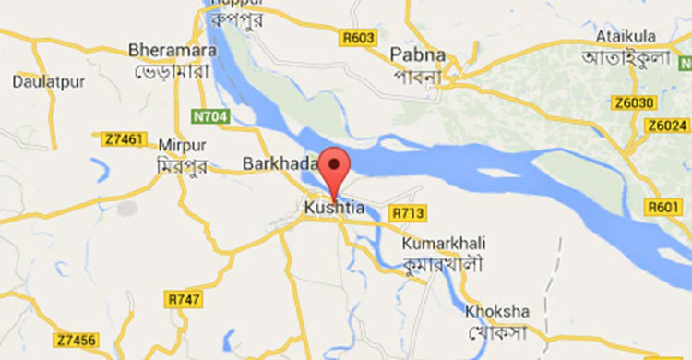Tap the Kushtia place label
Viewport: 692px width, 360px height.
[334, 210]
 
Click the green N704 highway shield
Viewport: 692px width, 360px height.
[209, 117]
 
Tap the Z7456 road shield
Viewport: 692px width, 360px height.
[76, 342]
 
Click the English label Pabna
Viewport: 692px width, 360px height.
[418, 54]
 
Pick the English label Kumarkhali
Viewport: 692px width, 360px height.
[444, 243]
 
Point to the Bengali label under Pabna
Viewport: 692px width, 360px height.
[422, 76]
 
